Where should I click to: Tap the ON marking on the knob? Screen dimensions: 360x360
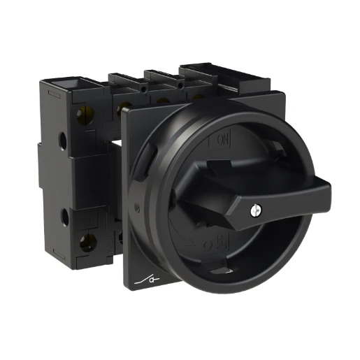pos(223,141)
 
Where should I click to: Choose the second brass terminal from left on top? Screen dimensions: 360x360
pos(125,106)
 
